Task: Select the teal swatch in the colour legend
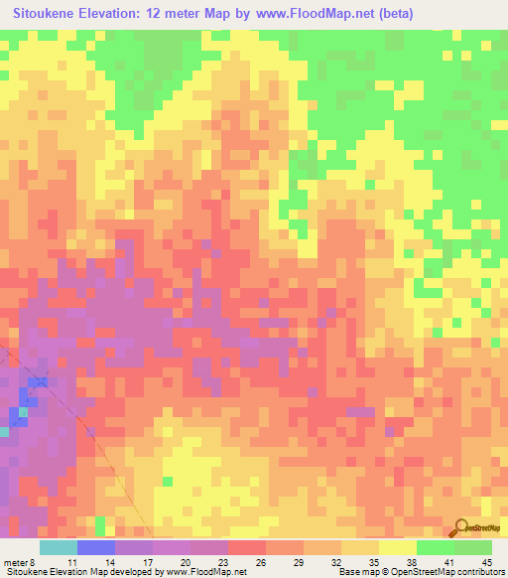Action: tap(59, 546)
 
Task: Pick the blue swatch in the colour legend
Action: tap(96, 546)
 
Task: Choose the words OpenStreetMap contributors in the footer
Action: tap(450, 573)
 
